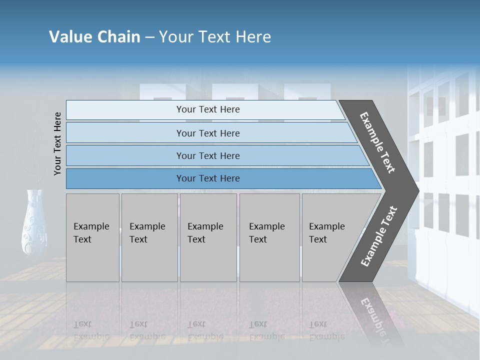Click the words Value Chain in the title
pyautogui.click(x=94, y=37)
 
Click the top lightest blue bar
pyautogui.click(x=125, y=110)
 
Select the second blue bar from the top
pyautogui.click(x=125, y=133)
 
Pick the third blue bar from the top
pyautogui.click(x=125, y=156)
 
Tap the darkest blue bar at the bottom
pyautogui.click(x=125, y=178)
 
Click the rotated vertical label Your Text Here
pyautogui.click(x=57, y=143)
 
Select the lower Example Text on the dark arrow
pyautogui.click(x=379, y=236)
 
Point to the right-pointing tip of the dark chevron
pyautogui.click(x=416, y=190)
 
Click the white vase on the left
pyautogui.click(x=34, y=222)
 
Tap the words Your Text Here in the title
pyautogui.click(x=215, y=37)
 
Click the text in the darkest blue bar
pyautogui.click(x=208, y=178)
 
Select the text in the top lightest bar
pyautogui.click(x=208, y=109)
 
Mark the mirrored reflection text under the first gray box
pyautogui.click(x=91, y=330)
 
